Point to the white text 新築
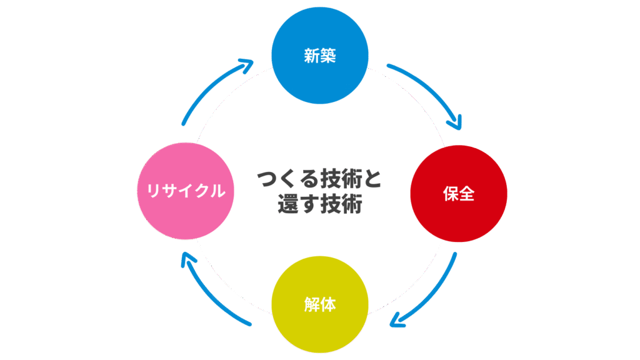click(320, 56)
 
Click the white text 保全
click(458, 194)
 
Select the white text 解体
click(320, 304)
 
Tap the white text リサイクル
click(185, 191)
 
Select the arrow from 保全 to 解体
click(434, 294)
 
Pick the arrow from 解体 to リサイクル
click(209, 294)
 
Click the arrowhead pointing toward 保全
click(454, 121)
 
